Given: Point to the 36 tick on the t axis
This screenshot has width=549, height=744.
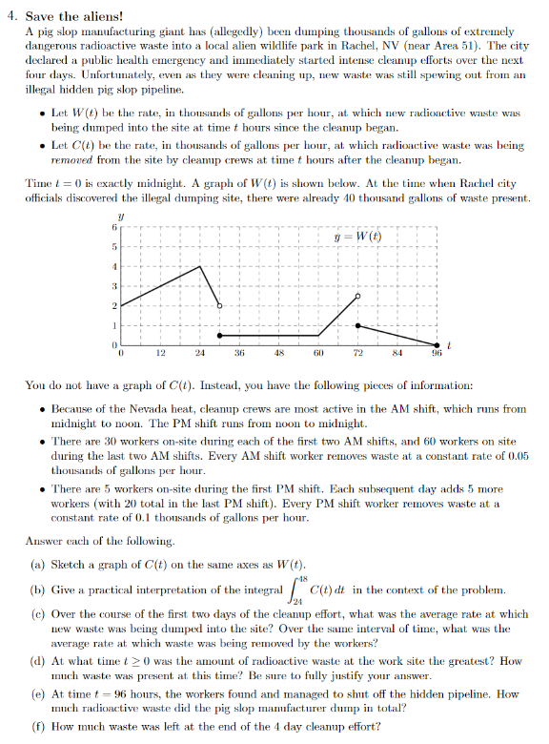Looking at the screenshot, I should (x=239, y=353).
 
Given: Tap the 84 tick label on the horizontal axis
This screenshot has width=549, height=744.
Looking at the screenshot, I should (x=397, y=353).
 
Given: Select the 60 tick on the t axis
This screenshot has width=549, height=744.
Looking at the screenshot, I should (x=318, y=353).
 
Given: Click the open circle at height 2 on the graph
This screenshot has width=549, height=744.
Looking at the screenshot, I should (x=220, y=306).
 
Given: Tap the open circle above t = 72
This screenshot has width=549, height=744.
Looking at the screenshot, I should (x=358, y=297).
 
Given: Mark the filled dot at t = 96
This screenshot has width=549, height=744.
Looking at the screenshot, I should (x=437, y=345).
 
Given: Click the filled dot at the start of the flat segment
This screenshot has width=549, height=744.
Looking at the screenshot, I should (x=220, y=336).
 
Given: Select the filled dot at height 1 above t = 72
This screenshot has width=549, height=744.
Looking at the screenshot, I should (x=358, y=326).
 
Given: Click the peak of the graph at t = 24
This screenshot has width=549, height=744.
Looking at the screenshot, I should (x=200, y=266).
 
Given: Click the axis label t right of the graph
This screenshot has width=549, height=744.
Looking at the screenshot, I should (x=449, y=342).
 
